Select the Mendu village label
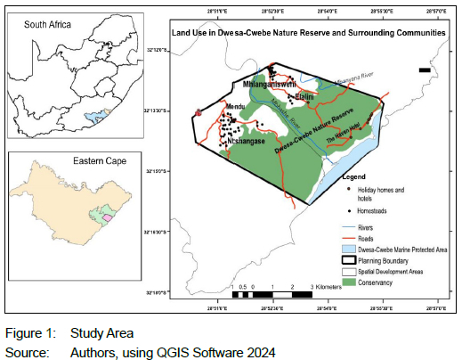point(235,107)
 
